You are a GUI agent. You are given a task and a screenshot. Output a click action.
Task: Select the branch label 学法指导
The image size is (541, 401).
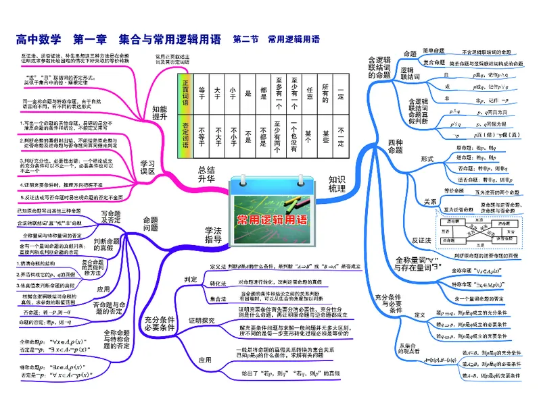pyautogui.click(x=214, y=235)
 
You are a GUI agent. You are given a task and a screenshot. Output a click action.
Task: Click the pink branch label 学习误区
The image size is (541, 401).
pyautogui.click(x=147, y=167)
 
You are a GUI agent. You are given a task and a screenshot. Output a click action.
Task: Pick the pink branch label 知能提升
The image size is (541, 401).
pyautogui.click(x=160, y=113)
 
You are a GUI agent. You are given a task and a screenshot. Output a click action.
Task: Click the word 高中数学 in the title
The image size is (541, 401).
pyautogui.click(x=39, y=39)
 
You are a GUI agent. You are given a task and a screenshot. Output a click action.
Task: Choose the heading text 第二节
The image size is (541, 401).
pyautogui.click(x=245, y=40)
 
